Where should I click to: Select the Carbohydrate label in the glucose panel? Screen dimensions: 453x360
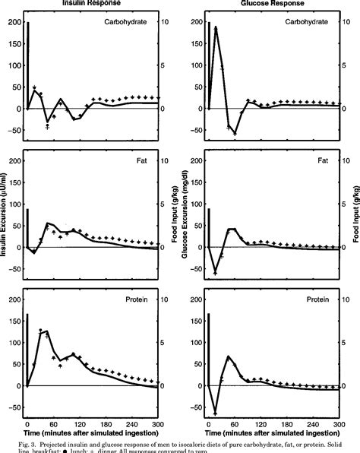tap(307, 23)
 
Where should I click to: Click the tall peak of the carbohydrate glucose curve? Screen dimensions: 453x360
tap(216, 28)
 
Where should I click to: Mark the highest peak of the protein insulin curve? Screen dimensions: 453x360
tap(46, 331)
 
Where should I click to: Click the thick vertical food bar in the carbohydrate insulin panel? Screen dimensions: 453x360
tap(28, 65)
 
